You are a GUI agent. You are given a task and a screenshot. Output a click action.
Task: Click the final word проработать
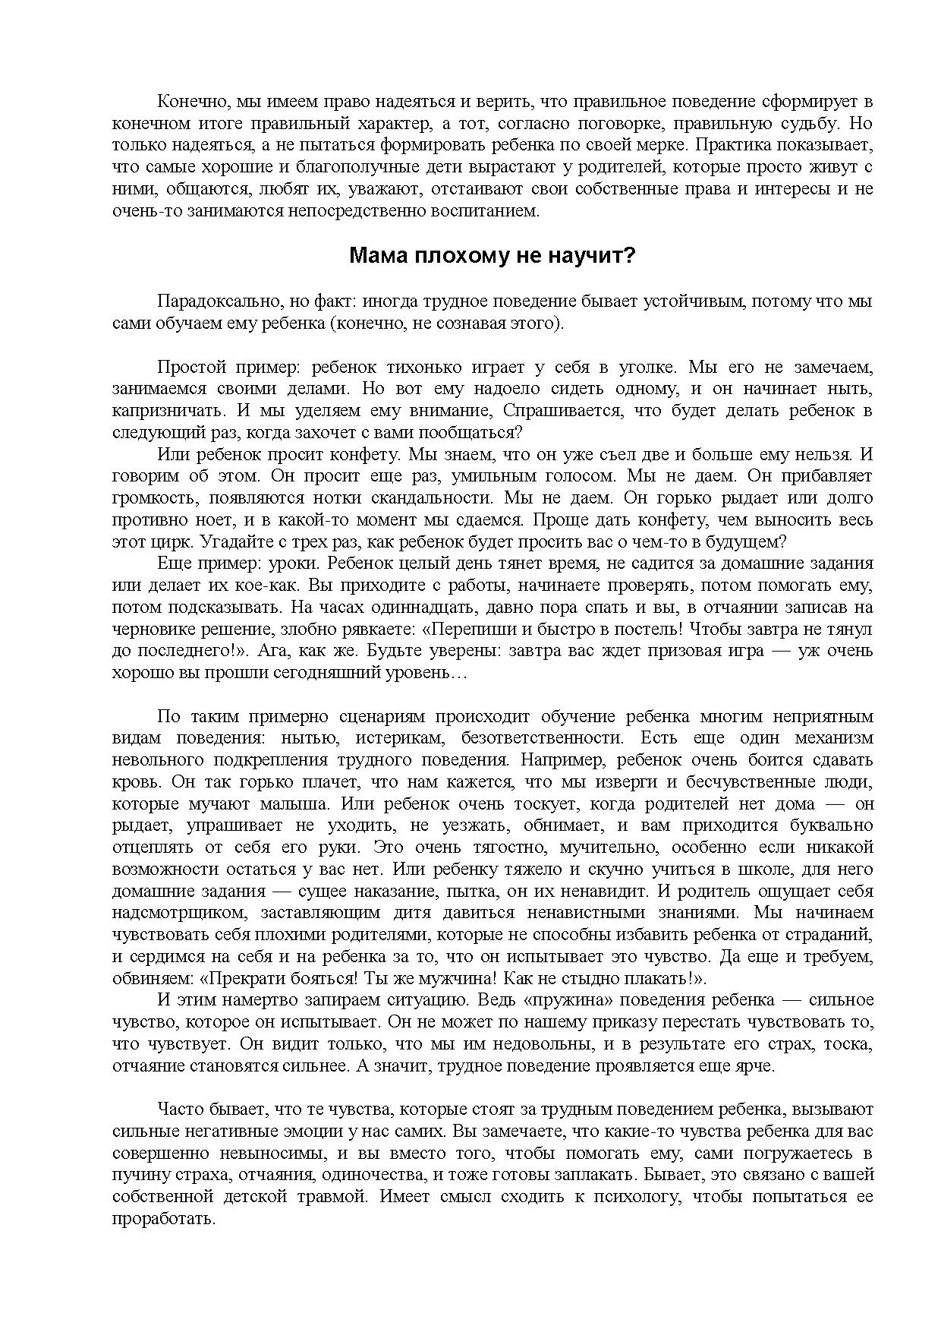[x=164, y=1220]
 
